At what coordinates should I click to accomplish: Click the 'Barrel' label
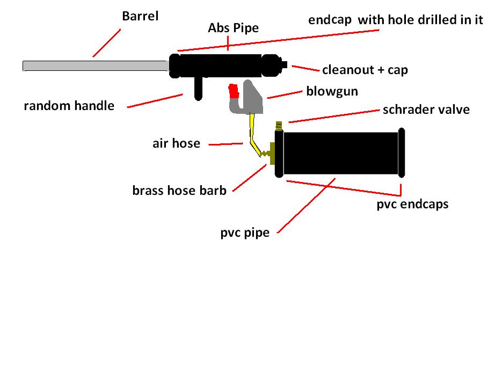point(141,16)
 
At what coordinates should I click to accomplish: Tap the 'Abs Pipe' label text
point(233,28)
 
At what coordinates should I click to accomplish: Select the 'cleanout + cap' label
point(365,70)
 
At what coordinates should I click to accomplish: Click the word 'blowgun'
point(332,91)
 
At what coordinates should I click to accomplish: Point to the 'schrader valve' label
point(426,110)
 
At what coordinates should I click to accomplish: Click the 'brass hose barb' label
point(179,190)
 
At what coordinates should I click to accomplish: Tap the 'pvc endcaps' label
point(412,204)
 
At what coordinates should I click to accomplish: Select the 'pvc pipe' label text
point(244,233)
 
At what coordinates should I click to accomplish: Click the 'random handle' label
point(69,105)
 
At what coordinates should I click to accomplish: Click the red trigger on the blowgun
point(234,92)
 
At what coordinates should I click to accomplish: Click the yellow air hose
point(251,132)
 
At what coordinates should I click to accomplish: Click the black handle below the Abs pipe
point(198,88)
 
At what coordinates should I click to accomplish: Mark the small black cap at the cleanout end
point(285,66)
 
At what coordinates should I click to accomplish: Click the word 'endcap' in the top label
point(330,20)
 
